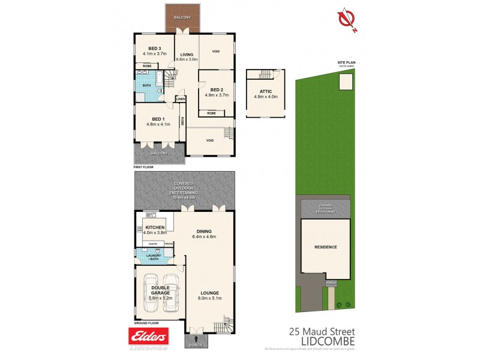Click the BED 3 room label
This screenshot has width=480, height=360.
click(x=155, y=48)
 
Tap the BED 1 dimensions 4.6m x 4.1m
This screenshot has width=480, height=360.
click(x=158, y=124)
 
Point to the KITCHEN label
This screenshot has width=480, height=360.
click(x=154, y=227)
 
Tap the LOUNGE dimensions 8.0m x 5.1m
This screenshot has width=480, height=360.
click(x=211, y=298)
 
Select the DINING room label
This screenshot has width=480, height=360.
click(x=206, y=231)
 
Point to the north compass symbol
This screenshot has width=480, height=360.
click(x=344, y=20)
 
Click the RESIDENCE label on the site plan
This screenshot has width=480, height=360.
click(x=326, y=247)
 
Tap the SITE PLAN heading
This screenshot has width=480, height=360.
click(x=347, y=62)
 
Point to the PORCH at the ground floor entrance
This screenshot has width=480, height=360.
click(x=196, y=344)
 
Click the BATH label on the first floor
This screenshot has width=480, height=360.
click(x=147, y=85)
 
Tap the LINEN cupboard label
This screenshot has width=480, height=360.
click(x=180, y=98)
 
